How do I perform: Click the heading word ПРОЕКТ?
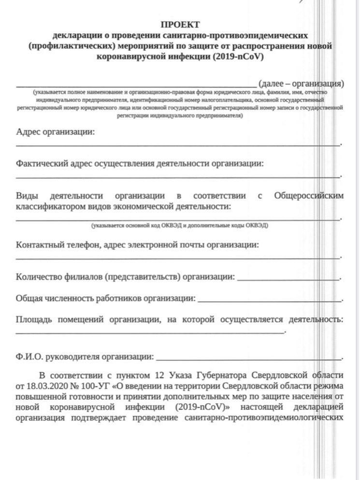point(180,25)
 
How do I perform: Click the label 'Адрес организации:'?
point(55,132)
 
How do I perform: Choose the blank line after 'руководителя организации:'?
point(248,359)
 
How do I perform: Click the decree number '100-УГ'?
point(95,386)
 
